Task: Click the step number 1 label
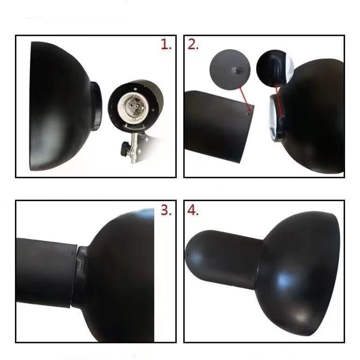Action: tap(166, 45)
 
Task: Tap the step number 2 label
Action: tap(193, 45)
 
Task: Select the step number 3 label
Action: tap(166, 210)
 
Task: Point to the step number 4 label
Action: tap(193, 210)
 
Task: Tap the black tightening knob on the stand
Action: tap(124, 149)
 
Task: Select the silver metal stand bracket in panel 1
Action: tap(135, 150)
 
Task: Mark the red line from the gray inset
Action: tap(244, 98)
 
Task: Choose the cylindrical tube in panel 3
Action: tap(44, 271)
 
